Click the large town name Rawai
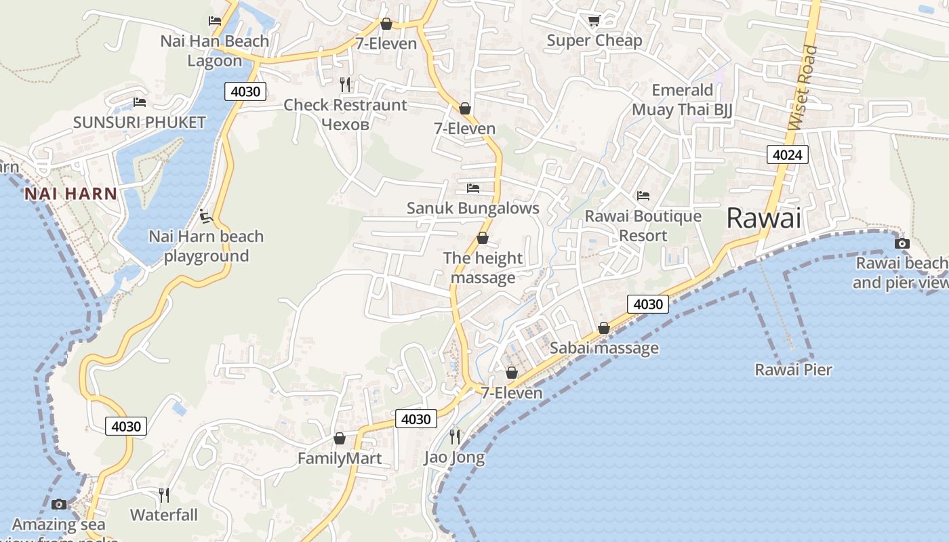click(x=763, y=218)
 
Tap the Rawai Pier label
click(x=793, y=370)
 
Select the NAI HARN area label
click(x=70, y=194)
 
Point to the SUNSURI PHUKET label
click(x=139, y=123)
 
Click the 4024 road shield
click(x=787, y=155)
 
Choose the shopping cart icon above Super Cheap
click(x=594, y=21)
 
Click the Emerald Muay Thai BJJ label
click(x=682, y=100)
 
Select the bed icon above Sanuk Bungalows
click(x=473, y=188)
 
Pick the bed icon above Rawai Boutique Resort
click(x=643, y=196)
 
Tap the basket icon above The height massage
click(x=483, y=238)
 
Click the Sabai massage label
click(x=604, y=348)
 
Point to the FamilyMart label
click(x=340, y=459)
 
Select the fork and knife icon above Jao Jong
click(x=455, y=437)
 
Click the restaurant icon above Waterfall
click(x=164, y=495)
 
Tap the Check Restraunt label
click(x=345, y=105)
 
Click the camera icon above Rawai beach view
click(x=902, y=243)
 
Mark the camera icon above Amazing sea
click(x=59, y=504)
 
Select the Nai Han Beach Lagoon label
click(x=215, y=51)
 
